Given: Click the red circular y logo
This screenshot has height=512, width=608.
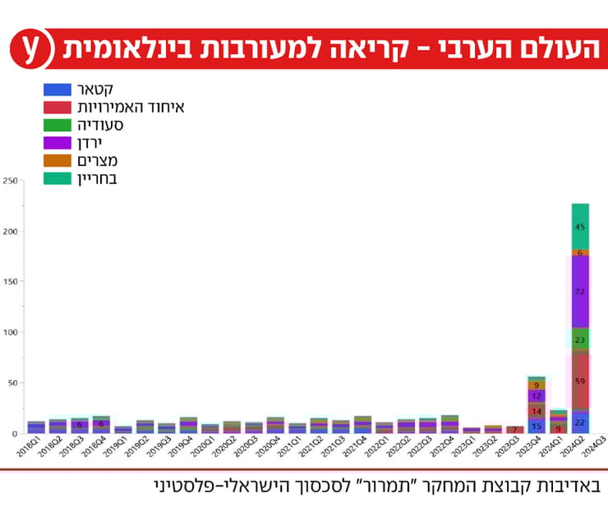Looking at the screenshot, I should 30,48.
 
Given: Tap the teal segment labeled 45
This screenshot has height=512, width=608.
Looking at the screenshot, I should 580,227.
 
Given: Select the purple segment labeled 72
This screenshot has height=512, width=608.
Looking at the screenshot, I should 580,292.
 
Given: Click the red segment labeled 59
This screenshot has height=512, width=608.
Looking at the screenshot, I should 580,381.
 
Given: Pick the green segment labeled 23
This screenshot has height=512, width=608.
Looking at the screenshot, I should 580,339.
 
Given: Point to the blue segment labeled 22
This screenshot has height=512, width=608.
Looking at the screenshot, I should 580,422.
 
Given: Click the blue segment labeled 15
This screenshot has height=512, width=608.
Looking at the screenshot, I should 536,426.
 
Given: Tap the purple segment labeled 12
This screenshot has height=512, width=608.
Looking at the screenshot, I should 536,396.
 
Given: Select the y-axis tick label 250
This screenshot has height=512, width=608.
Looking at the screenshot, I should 10,181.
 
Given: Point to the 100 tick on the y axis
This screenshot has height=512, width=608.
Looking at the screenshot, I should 10,332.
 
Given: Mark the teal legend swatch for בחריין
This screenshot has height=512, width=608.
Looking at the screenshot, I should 57,178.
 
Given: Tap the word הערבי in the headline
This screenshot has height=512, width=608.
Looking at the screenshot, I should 448,48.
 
